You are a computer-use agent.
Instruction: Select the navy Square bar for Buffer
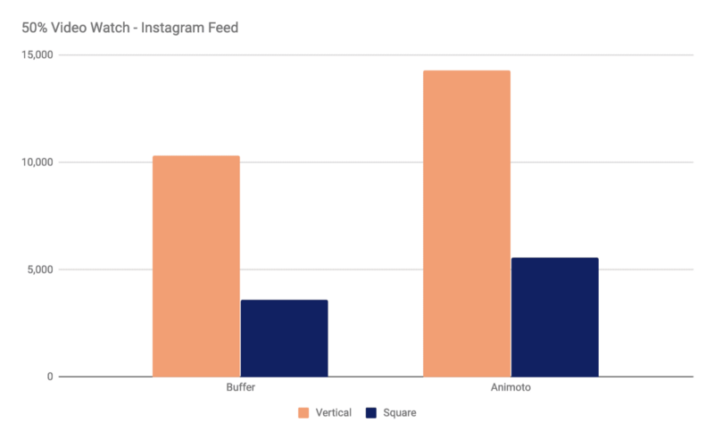[284, 338]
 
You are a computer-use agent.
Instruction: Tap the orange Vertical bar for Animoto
[467, 223]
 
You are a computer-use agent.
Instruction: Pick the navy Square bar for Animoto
[554, 317]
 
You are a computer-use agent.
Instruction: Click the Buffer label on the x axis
[240, 390]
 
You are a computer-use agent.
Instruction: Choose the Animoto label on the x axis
[511, 390]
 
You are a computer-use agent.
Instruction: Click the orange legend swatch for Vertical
[303, 413]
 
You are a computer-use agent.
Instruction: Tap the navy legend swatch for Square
[372, 413]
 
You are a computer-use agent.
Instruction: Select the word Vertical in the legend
[332, 413]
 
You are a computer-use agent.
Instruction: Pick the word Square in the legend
[400, 413]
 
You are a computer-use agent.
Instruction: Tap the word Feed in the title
[222, 28]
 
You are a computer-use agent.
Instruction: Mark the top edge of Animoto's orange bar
[467, 71]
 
